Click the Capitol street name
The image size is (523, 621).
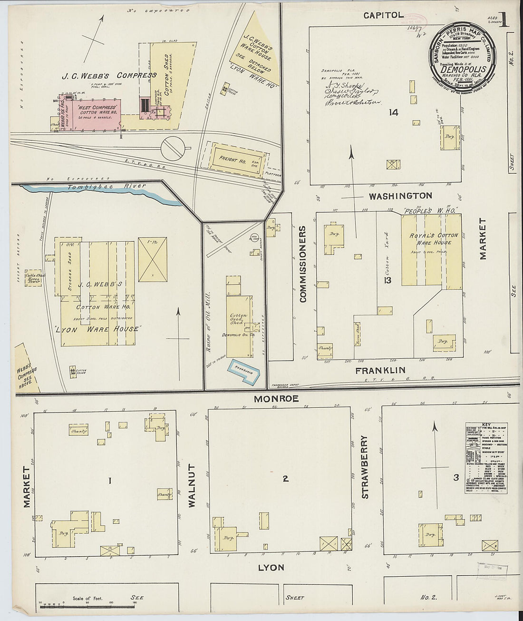click(383, 15)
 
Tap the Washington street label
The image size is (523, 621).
click(400, 196)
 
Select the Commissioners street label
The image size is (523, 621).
click(302, 264)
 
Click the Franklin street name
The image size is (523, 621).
click(380, 370)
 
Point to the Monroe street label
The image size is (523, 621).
click(276, 399)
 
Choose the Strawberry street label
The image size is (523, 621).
click(365, 466)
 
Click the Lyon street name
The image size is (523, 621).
click(271, 567)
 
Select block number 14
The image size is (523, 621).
click(393, 112)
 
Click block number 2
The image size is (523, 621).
click(285, 479)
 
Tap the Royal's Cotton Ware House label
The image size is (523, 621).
click(434, 239)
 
